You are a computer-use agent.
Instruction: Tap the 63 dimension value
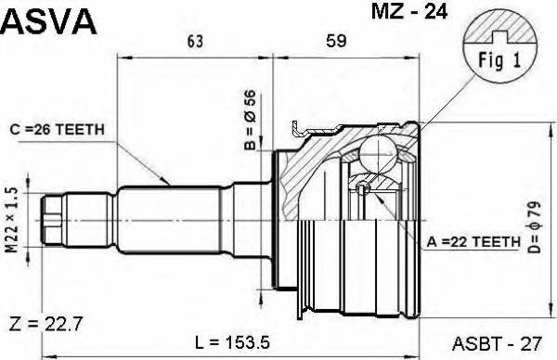[x=195, y=41]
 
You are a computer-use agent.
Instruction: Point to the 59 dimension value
[x=335, y=41]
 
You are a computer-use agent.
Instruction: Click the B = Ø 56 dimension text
[x=249, y=120]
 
